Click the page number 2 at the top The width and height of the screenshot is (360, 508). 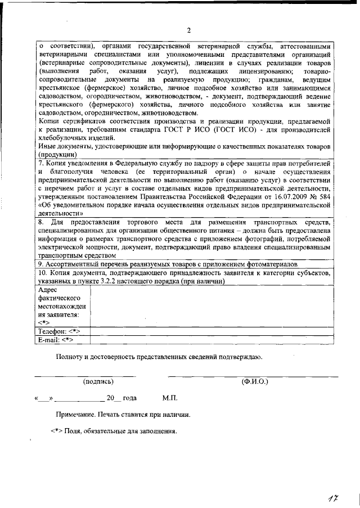(189, 30)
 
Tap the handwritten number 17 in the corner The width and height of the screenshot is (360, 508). (336, 497)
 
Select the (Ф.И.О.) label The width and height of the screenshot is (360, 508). (254, 381)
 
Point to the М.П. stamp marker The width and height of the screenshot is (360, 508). (170, 398)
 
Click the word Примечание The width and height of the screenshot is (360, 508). (79, 415)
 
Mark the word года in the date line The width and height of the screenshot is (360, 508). (129, 398)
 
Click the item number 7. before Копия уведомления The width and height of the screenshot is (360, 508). (41, 163)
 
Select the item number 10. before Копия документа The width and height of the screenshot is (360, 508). (43, 272)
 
